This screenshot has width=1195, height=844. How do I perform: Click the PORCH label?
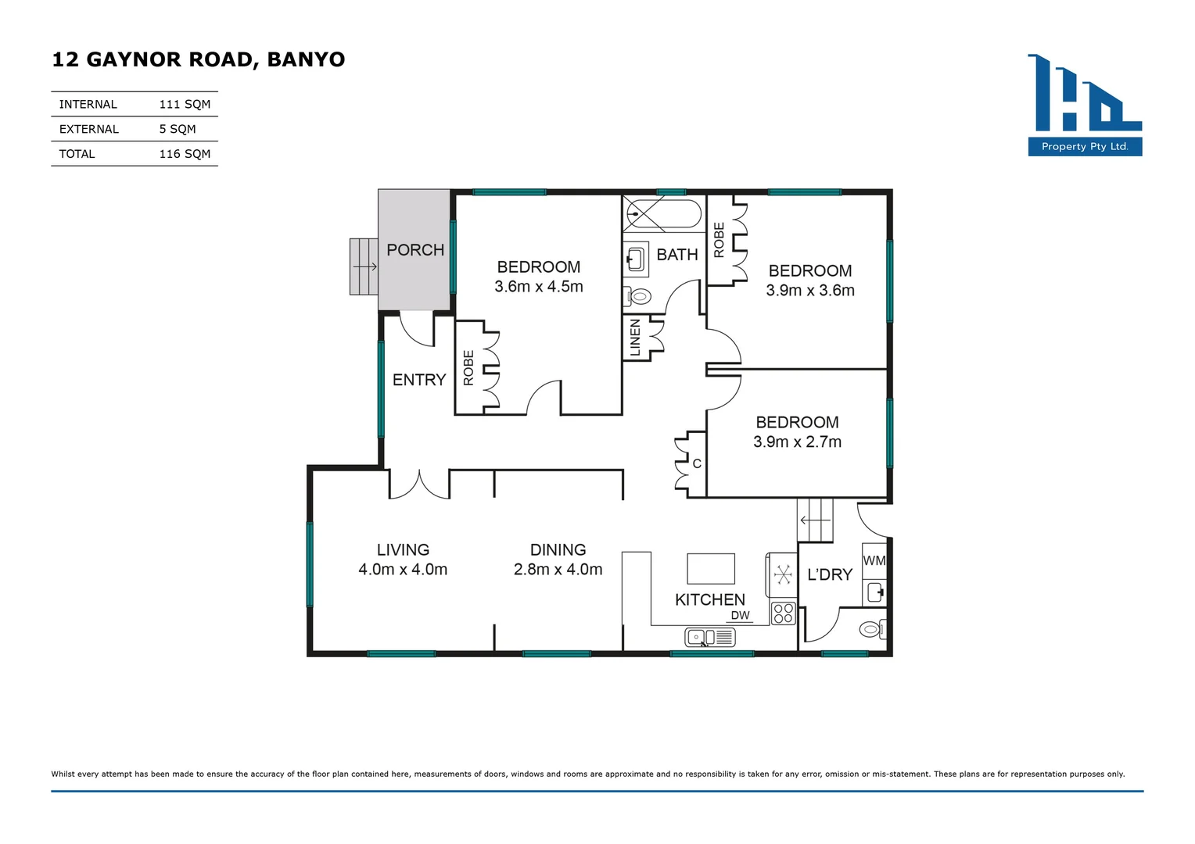click(x=415, y=250)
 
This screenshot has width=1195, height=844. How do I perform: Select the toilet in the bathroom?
click(x=639, y=297)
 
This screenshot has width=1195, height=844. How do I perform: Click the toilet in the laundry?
click(x=871, y=628)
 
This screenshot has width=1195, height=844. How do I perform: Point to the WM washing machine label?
click(x=874, y=560)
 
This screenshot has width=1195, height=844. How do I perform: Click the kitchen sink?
click(x=709, y=638)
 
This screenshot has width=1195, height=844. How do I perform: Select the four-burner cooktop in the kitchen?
click(x=783, y=613)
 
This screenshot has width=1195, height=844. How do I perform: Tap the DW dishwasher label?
click(x=740, y=616)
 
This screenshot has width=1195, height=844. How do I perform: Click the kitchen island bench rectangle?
click(x=711, y=568)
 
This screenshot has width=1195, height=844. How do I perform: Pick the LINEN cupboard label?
click(x=635, y=338)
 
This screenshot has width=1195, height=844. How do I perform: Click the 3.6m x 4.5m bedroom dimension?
click(x=539, y=287)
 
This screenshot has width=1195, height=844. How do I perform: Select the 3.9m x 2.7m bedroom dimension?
click(x=797, y=442)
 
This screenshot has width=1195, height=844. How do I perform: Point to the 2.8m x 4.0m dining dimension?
click(x=558, y=570)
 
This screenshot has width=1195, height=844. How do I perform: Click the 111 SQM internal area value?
click(x=185, y=104)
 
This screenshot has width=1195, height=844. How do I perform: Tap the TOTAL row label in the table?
click(x=77, y=154)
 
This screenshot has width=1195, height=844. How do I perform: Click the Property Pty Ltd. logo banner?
click(x=1085, y=146)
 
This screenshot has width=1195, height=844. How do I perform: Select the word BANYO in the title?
click(x=306, y=59)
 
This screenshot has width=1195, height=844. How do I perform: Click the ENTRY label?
click(x=419, y=380)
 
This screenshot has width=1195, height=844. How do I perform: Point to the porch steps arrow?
click(x=364, y=266)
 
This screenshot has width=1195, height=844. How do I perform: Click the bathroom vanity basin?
click(x=636, y=258)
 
